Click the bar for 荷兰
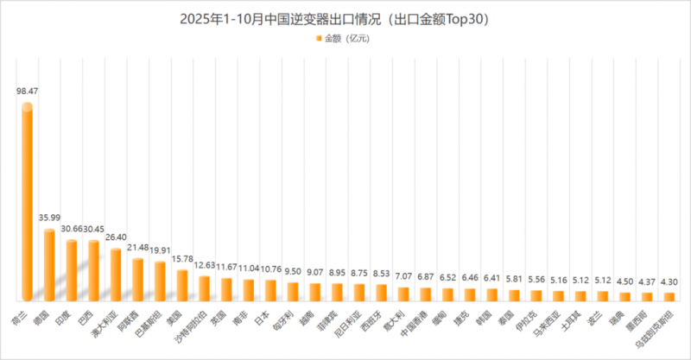[x=28, y=203]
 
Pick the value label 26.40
[x=116, y=237]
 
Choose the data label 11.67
[x=226, y=267]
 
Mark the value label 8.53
[x=380, y=272]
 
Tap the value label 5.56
[x=536, y=280]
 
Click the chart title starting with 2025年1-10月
[x=345, y=17]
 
